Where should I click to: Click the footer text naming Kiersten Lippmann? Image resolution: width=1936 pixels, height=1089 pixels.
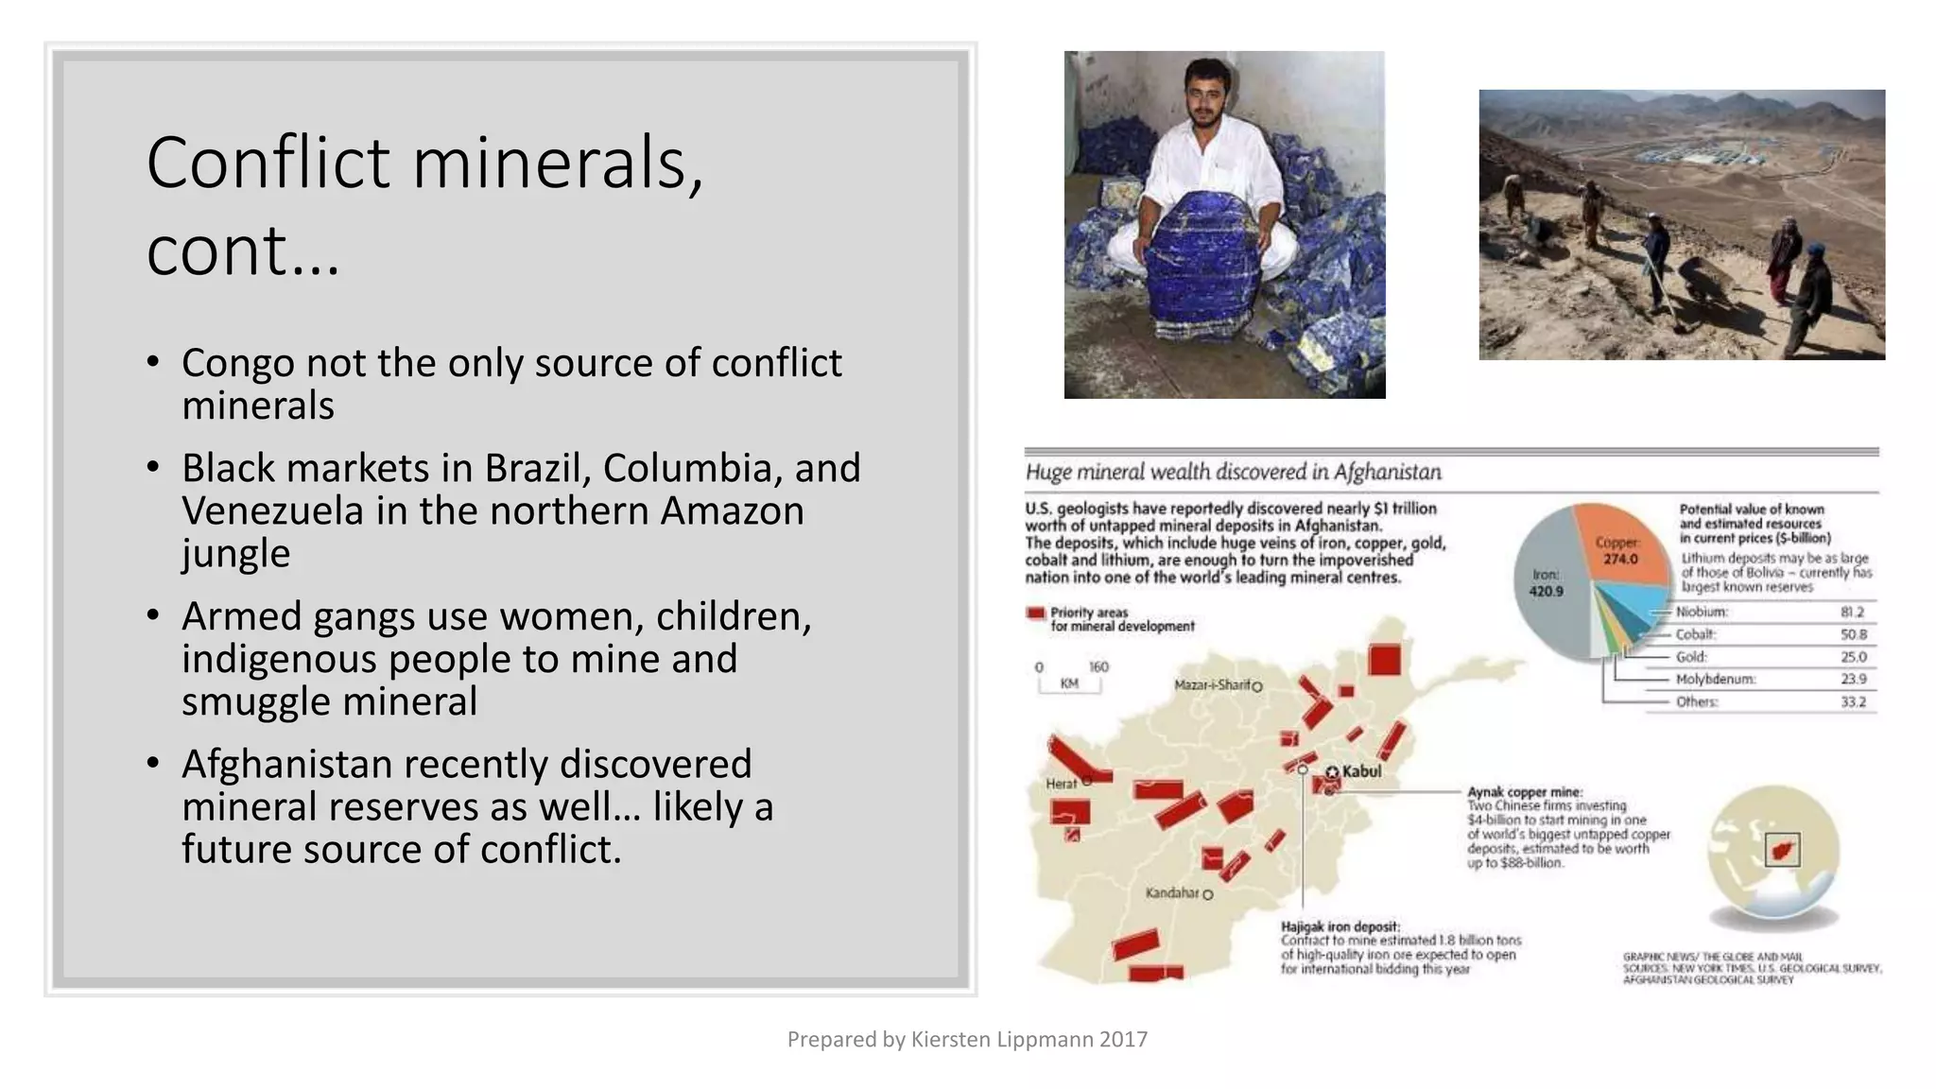tap(967, 1040)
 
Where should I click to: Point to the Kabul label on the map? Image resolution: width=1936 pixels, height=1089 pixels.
tap(1360, 771)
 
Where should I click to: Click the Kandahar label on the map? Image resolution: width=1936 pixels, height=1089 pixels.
tap(1172, 893)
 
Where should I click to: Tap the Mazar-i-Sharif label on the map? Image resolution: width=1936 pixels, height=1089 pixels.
tap(1212, 684)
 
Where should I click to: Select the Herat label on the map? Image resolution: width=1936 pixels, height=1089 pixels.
tap(1061, 784)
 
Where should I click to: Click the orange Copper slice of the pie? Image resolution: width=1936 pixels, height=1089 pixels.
tap(1618, 544)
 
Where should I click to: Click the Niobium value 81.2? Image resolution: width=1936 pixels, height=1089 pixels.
tap(1852, 613)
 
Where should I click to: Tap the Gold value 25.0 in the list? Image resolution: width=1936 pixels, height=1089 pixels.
tap(1853, 657)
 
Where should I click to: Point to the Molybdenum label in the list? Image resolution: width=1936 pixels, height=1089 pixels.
tap(1715, 680)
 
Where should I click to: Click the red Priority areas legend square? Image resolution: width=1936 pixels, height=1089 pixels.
tap(1035, 614)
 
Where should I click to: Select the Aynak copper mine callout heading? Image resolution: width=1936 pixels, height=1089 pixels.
tap(1524, 792)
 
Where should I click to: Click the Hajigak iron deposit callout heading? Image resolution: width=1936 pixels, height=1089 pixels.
tap(1340, 926)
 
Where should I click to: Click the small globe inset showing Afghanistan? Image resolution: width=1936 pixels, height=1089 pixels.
tap(1773, 850)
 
